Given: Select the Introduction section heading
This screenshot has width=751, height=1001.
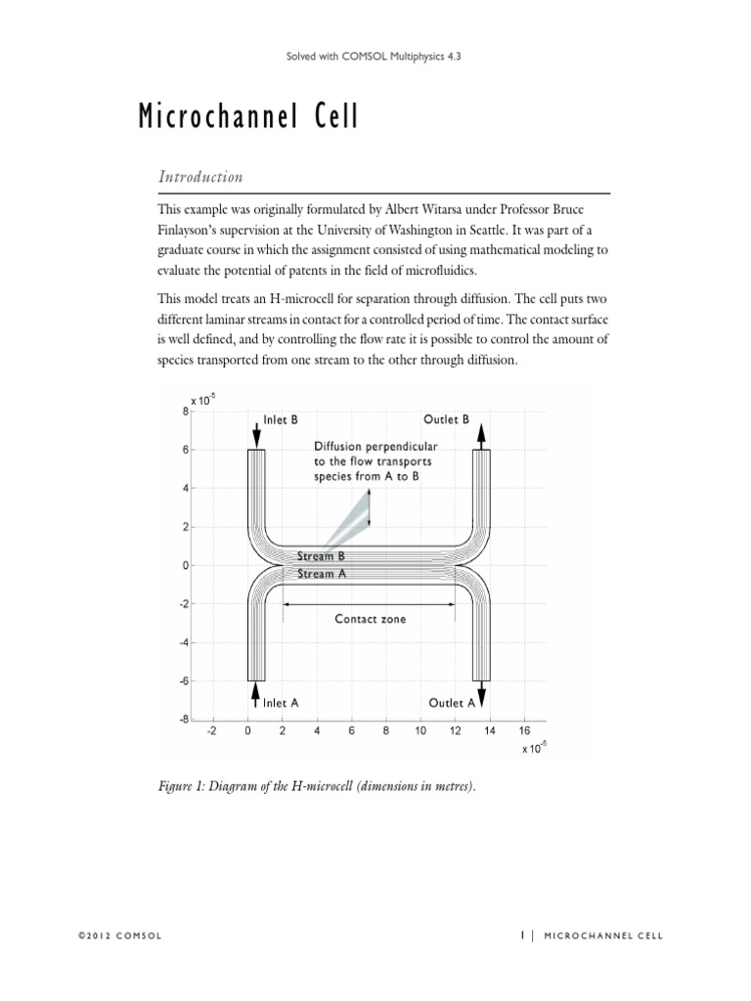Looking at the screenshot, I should pos(200,177).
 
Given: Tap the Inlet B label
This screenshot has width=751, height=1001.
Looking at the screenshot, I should pos(281,419).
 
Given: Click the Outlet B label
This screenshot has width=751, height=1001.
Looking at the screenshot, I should pos(446,419).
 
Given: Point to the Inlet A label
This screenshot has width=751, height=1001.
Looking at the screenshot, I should pos(281,702).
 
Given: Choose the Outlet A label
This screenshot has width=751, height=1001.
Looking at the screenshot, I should pos(452,702).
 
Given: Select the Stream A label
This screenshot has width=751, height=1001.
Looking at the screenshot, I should pos(322,574).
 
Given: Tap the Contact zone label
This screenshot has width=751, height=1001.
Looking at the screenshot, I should pos(370,619).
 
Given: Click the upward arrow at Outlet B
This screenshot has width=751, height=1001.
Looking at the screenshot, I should pos(481,431).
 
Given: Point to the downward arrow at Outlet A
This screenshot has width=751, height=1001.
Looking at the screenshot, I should pos(481,693).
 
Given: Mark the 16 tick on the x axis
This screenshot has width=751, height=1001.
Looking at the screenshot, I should pos(524,730).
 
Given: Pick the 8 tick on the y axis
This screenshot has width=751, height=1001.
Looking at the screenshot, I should pos(185,412).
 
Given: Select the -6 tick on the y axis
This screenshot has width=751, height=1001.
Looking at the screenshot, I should pos(183,681).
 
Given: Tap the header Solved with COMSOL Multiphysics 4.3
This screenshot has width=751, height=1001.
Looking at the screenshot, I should pos(375,58).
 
